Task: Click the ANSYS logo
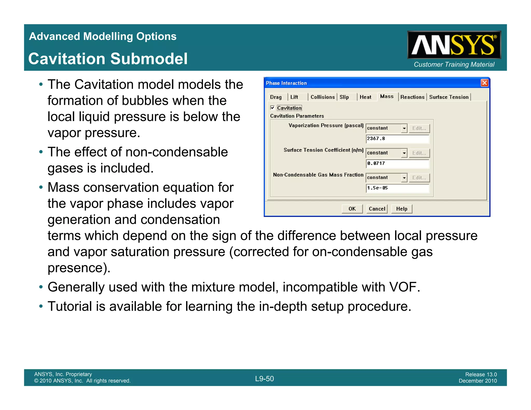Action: point(454,45)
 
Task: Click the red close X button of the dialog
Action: point(484,83)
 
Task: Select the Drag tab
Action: point(276,97)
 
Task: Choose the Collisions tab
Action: point(322,97)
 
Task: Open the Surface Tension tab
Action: point(449,97)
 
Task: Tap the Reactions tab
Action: point(412,97)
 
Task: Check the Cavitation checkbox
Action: point(272,108)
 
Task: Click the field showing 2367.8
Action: point(397,139)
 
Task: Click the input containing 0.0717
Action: point(397,164)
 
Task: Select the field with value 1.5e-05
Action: point(397,188)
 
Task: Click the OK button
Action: point(352,209)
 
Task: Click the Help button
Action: point(401,209)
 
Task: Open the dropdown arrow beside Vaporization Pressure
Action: point(404,128)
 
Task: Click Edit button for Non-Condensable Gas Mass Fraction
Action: point(419,178)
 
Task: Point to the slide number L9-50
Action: point(264,379)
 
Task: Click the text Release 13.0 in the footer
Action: point(481,374)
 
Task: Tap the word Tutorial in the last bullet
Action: point(69,306)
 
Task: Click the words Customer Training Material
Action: point(454,65)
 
